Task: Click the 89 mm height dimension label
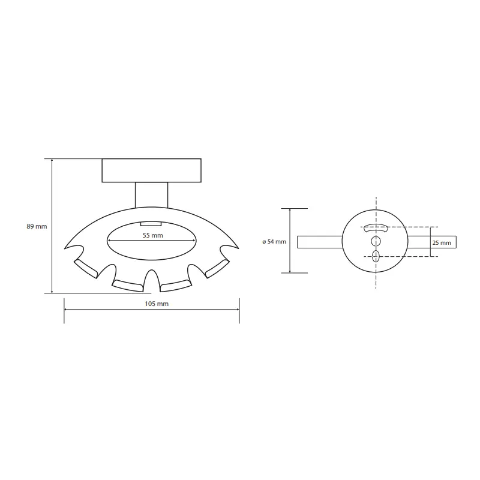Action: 37,227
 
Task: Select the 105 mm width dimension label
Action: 157,304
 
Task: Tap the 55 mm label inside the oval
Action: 153,235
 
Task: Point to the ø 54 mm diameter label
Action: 274,242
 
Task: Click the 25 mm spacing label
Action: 442,243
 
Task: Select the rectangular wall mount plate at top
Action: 152,170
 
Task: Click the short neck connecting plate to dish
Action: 152,195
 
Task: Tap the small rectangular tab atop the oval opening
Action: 151,224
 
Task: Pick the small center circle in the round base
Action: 376,242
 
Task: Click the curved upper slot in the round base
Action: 376,228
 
